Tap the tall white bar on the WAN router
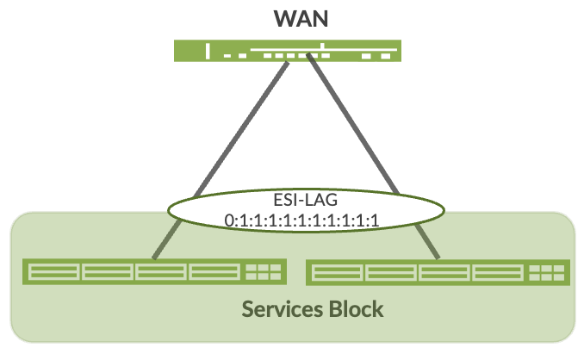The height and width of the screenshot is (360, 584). tap(207, 51)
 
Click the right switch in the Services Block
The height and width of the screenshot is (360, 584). tap(438, 272)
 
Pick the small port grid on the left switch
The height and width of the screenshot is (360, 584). tap(264, 273)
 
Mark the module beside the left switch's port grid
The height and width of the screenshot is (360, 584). tap(216, 273)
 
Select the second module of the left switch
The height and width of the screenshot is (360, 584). tap(108, 273)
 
